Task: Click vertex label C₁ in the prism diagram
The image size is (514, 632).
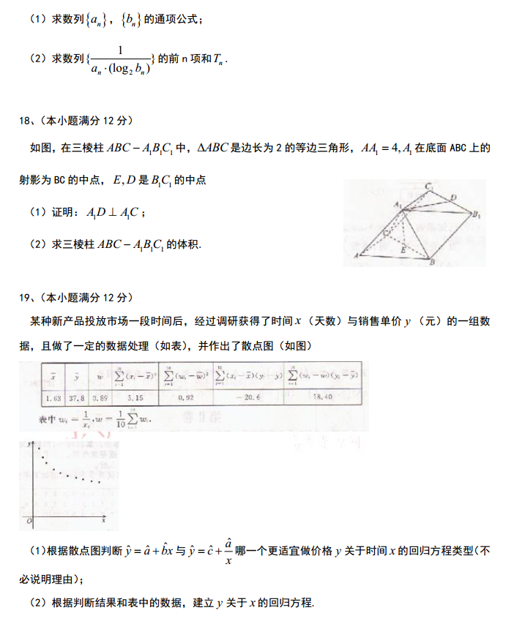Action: pos(430,187)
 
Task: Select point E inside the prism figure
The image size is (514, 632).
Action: pos(402,249)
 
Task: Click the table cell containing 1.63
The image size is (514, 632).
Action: pos(53,399)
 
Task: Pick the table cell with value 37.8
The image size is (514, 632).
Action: pos(75,399)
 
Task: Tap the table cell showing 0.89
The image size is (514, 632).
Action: pos(101,399)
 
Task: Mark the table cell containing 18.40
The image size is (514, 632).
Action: pos(323,399)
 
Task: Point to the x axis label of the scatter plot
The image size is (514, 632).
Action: pos(105,517)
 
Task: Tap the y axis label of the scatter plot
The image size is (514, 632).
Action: pos(29,444)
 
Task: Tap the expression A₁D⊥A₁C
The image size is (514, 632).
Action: pos(115,213)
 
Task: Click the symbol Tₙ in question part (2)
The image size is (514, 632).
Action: pos(220,60)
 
